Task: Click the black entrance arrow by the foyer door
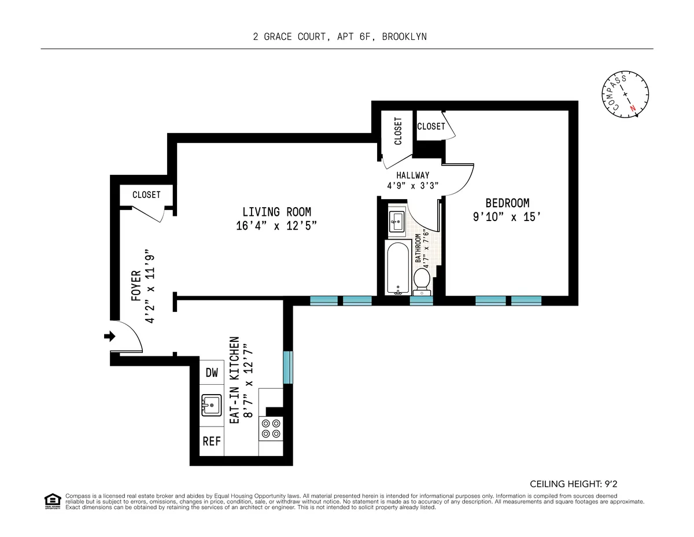click(x=109, y=336)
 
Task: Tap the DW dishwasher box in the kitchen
click(x=212, y=373)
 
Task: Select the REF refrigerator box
click(x=212, y=441)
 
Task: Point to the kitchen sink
click(x=211, y=405)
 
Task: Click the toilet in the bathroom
click(x=422, y=280)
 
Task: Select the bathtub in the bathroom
click(x=397, y=268)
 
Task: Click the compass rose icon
click(x=624, y=94)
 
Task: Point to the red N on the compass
click(x=633, y=108)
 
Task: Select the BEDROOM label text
click(x=507, y=203)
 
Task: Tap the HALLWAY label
click(x=412, y=175)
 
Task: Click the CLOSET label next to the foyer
click(x=146, y=194)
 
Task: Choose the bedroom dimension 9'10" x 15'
click(x=507, y=217)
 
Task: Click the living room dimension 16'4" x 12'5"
click(x=276, y=226)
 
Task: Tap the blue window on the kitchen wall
click(x=287, y=367)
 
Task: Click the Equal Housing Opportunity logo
click(x=53, y=501)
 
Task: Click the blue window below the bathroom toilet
click(x=421, y=300)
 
